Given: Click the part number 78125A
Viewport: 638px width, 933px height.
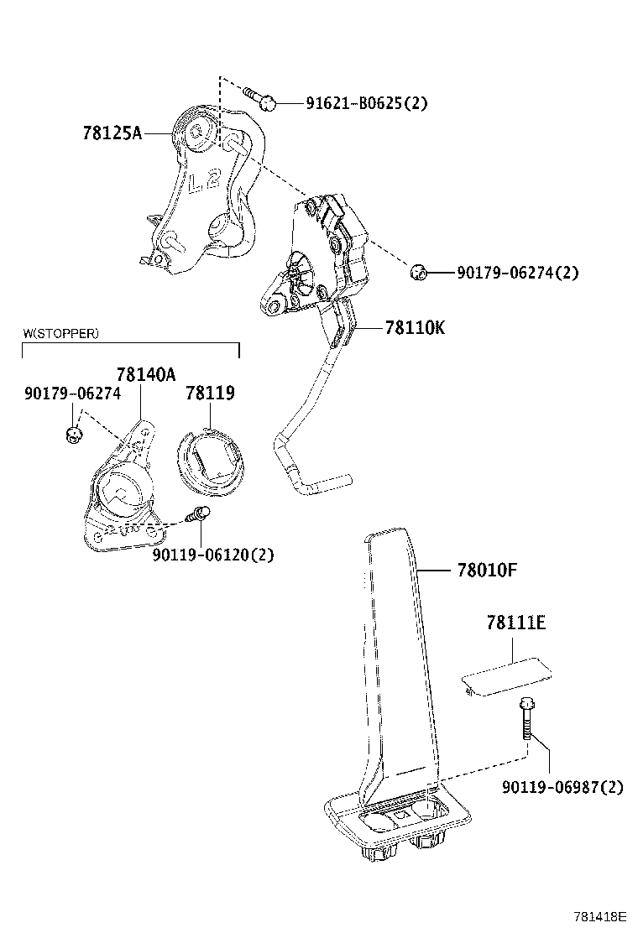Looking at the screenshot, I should pos(112,132).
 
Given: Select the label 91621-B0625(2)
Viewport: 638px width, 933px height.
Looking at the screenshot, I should pos(366,103).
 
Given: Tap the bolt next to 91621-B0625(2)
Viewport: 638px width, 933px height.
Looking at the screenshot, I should pos(259,99).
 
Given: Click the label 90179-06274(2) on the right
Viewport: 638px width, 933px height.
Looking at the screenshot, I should pos(517,273).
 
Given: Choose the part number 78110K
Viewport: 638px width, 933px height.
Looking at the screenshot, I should pos(415,328).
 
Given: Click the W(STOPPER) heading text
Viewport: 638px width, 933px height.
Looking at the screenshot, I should pos(60,333).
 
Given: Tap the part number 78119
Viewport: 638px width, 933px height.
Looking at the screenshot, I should pos(210,393).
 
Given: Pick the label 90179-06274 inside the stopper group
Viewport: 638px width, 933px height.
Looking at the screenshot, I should pos(72,393).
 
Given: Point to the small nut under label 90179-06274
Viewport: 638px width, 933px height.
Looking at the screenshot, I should pos(74,434).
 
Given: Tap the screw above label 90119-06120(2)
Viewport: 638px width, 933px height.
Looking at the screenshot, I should pos(199,515).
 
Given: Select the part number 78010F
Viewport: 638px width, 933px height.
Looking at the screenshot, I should pos(487,571).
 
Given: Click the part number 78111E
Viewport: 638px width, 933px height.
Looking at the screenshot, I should pos(515,623).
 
